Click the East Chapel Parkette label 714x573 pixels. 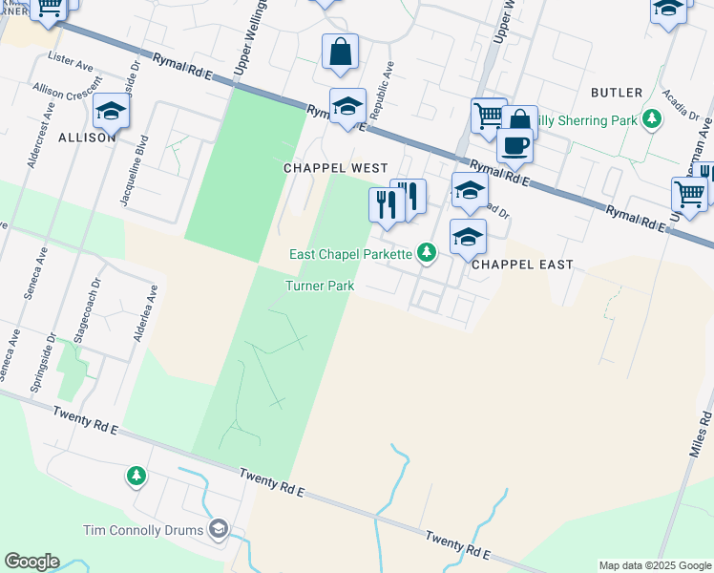coord(350,253)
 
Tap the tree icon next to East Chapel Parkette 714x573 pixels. coord(427,253)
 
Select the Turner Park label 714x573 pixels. coord(320,286)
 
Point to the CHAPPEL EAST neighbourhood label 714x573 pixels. coord(522,265)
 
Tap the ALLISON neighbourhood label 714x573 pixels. coord(87,138)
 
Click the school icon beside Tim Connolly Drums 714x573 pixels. coord(219,529)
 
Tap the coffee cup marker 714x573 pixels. coord(514,146)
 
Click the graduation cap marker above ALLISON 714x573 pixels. coord(111,112)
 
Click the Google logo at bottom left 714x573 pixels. coord(31,562)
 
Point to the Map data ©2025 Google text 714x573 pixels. coord(655,565)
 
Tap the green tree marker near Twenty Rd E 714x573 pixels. coord(136,475)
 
